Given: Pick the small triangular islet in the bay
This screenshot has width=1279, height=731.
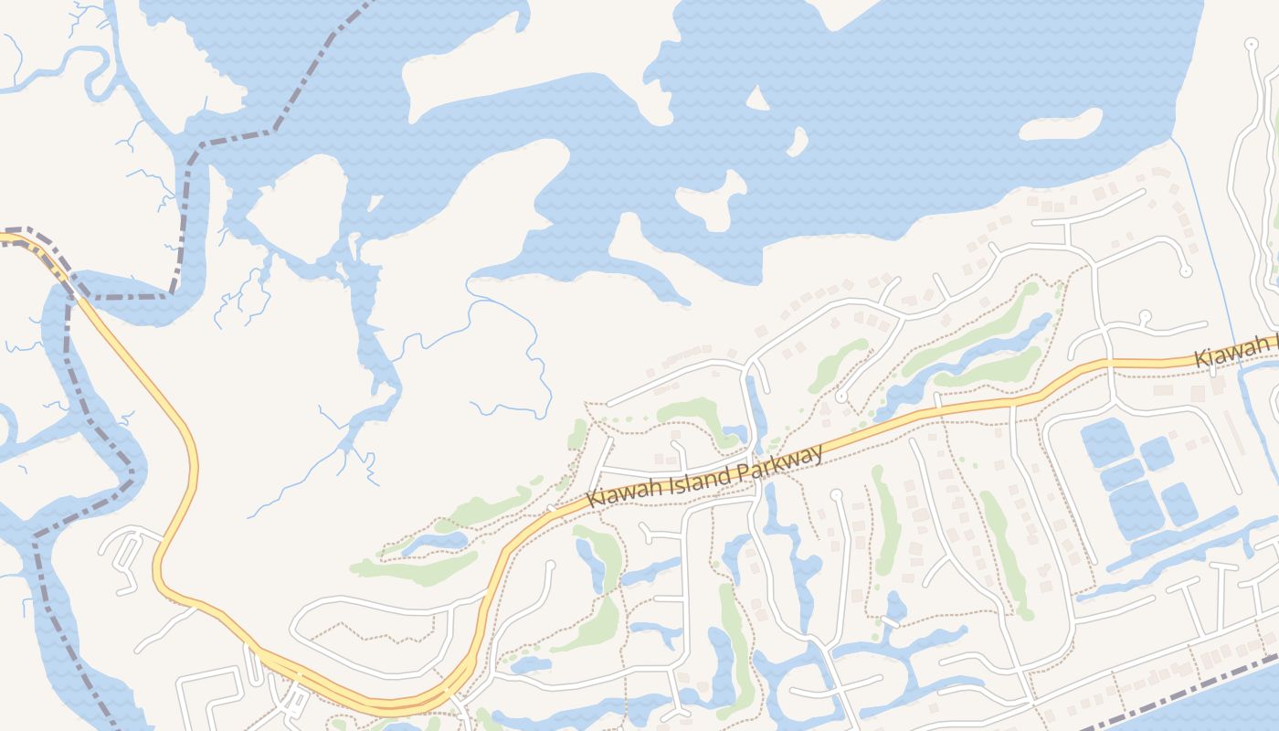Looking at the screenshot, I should (x=757, y=99).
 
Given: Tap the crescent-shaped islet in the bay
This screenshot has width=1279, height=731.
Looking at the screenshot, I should (x=797, y=142).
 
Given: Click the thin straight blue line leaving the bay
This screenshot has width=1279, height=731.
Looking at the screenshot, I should (x=1204, y=238).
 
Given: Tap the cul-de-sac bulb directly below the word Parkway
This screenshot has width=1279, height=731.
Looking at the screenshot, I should (x=836, y=494).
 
